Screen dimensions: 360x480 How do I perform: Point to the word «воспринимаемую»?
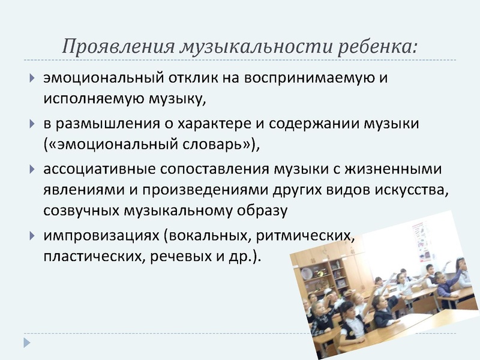[317, 78]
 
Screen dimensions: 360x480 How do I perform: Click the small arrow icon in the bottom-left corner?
[26, 343]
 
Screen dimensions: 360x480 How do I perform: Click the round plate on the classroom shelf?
[307, 273]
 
